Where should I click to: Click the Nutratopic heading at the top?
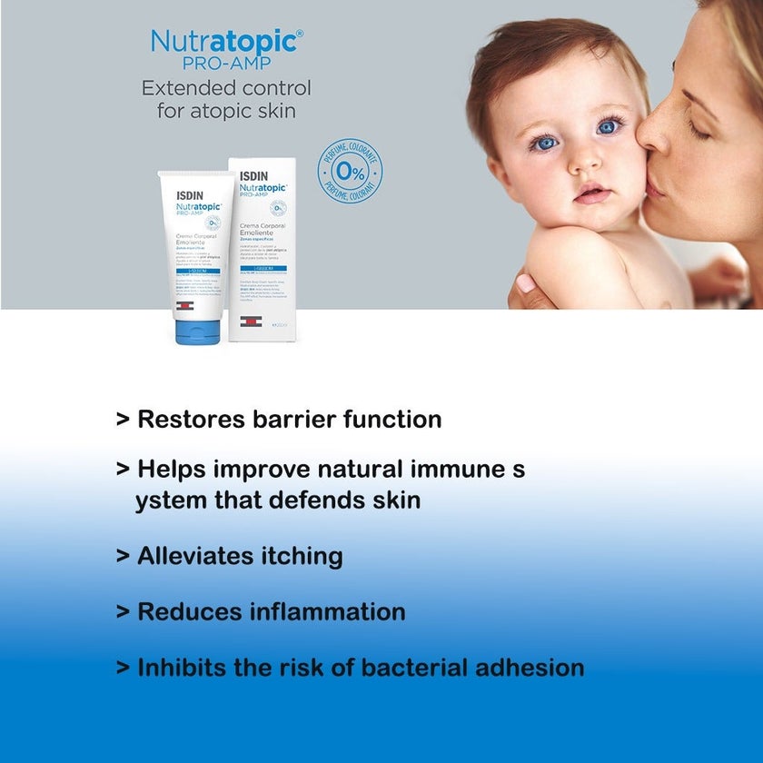[x=225, y=42]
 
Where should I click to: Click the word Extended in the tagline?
[x=183, y=89]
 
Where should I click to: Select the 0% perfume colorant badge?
[x=350, y=171]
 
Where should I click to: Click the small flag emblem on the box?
[x=251, y=322]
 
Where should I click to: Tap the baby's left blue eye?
[x=545, y=144]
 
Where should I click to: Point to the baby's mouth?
[x=591, y=194]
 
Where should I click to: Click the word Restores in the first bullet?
[x=191, y=420]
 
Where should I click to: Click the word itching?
[x=301, y=556]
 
